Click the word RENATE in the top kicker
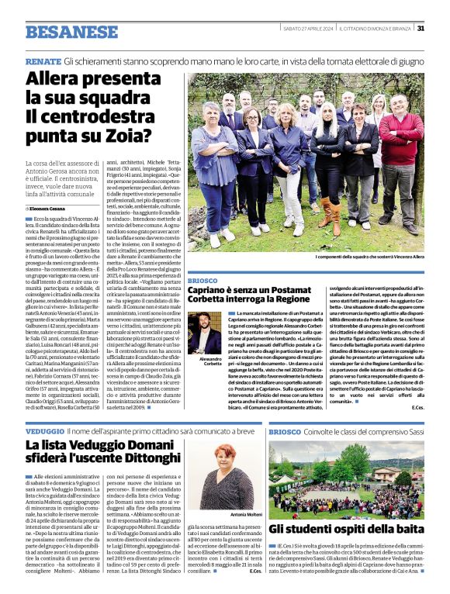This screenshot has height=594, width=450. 43,60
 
